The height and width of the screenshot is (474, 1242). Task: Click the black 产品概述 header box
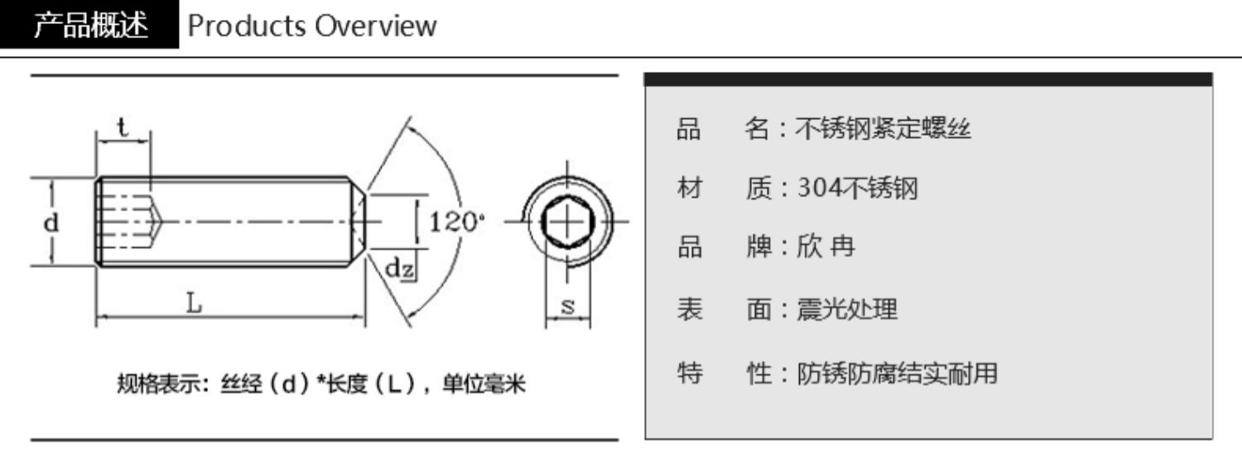(x=89, y=26)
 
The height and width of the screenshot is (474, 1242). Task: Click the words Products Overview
(x=311, y=26)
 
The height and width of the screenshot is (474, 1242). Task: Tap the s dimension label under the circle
(x=568, y=305)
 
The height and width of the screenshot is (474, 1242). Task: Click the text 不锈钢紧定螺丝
(x=883, y=129)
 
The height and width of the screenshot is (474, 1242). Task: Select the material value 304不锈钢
(x=857, y=189)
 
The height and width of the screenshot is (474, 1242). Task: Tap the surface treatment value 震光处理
(x=846, y=310)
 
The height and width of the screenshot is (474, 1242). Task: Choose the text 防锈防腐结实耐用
(x=897, y=374)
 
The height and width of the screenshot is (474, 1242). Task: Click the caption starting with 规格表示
(x=321, y=385)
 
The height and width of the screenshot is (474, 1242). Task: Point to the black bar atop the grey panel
(x=928, y=79)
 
